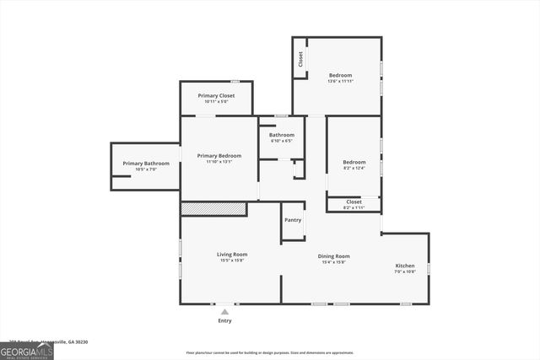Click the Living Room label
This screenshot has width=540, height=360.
[x=231, y=254]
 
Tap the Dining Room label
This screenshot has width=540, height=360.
[x=333, y=256]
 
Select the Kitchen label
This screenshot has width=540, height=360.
[x=405, y=266]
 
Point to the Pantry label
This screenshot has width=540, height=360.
[x=293, y=220]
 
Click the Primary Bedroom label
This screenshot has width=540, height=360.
[x=219, y=155]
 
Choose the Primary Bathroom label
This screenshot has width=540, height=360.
[x=146, y=163]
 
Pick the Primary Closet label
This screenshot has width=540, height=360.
[x=216, y=95]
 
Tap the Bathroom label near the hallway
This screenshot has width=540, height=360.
[x=282, y=135]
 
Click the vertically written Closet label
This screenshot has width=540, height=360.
[x=300, y=59]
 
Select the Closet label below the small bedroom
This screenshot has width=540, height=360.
[x=354, y=201]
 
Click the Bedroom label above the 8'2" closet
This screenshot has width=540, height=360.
[x=354, y=162]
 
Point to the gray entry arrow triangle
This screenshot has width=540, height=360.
[x=224, y=311]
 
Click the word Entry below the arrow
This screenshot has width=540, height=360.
[x=224, y=320]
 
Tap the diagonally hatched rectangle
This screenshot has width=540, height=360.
[x=213, y=208]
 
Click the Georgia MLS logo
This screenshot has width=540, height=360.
[x=27, y=352]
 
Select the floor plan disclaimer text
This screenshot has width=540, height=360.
[x=270, y=352]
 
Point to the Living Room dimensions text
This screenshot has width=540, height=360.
[x=231, y=261]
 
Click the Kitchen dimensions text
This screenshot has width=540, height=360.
[x=405, y=272]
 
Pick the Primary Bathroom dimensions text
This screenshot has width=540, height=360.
[x=146, y=169]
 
